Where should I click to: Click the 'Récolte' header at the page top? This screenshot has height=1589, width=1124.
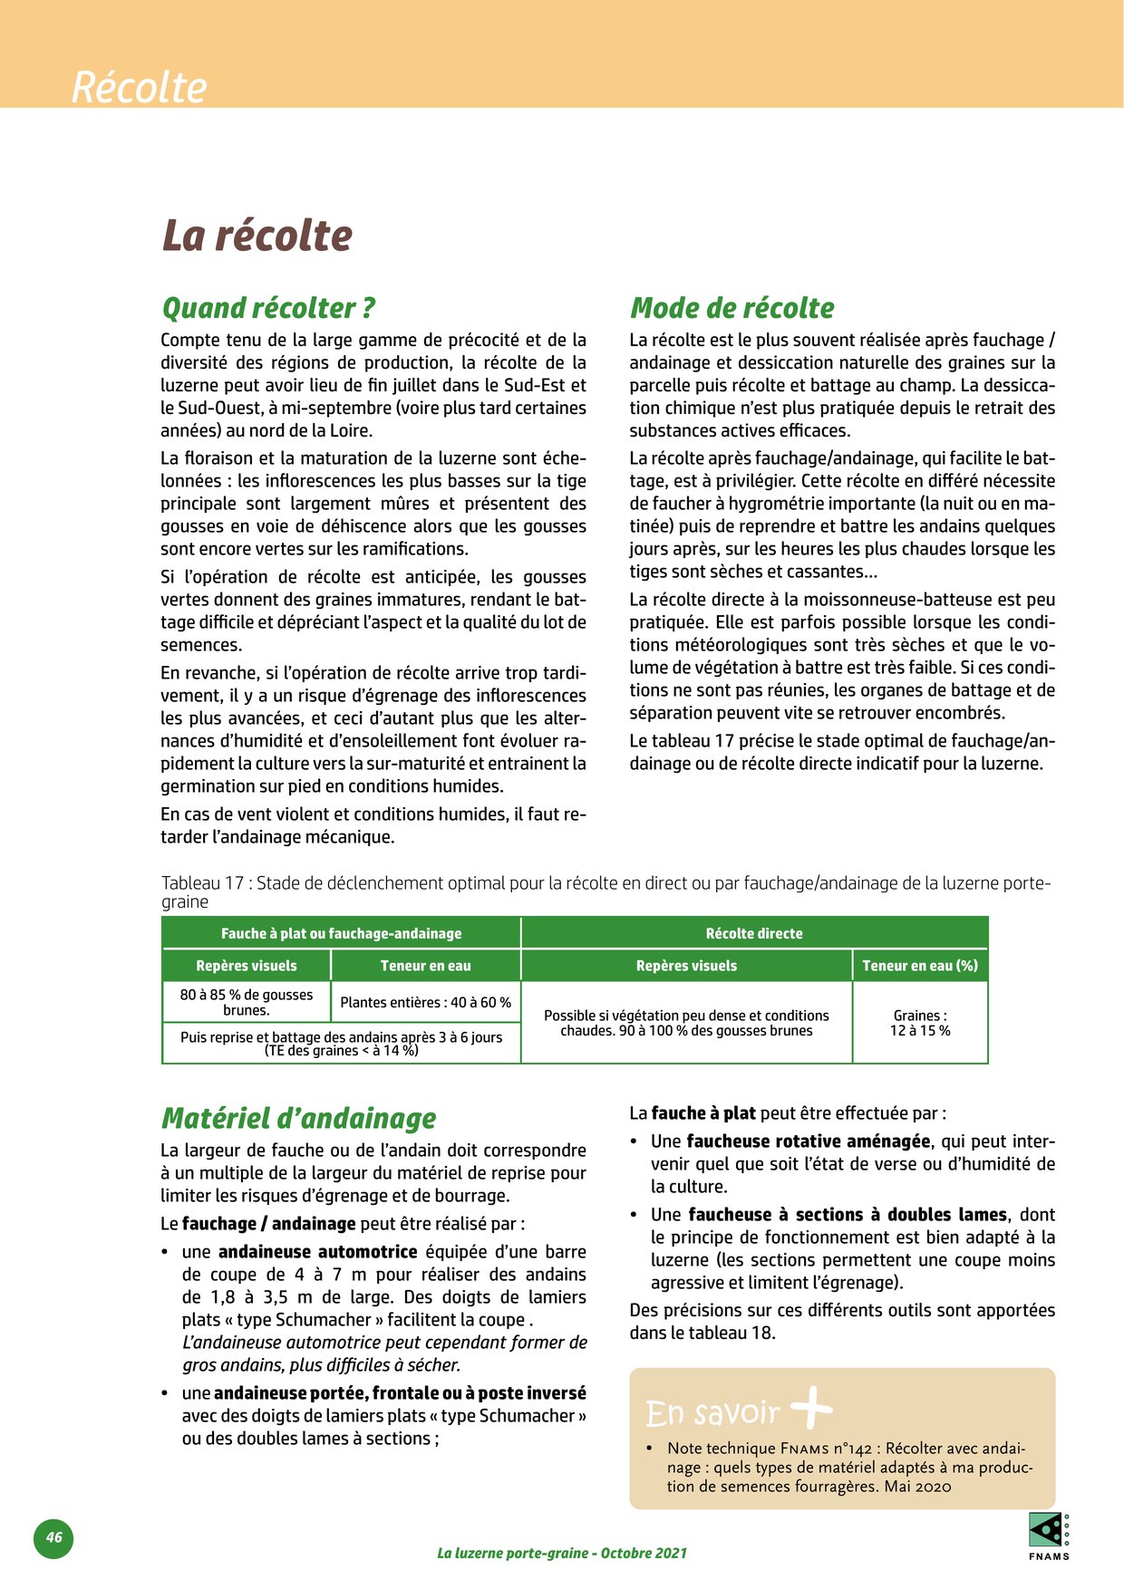click(x=140, y=88)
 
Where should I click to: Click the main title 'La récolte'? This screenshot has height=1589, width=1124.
click(x=257, y=236)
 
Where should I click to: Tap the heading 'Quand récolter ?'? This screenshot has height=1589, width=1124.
click(x=267, y=308)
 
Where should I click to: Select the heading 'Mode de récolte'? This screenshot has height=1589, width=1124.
click(x=732, y=308)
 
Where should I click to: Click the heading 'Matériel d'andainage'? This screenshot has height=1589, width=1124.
click(x=298, y=1118)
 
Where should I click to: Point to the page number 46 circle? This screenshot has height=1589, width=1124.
click(x=54, y=1537)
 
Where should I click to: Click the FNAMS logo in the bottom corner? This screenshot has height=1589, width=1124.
click(x=1049, y=1536)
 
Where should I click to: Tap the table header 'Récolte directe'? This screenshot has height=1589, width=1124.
click(x=754, y=933)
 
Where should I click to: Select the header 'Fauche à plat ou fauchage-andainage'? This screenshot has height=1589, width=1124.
click(x=341, y=933)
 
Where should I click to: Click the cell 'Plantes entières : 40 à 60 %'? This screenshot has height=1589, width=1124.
click(x=425, y=1002)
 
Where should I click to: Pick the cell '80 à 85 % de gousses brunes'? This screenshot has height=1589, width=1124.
click(x=247, y=1002)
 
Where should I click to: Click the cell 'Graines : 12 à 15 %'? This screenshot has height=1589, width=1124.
click(x=920, y=1023)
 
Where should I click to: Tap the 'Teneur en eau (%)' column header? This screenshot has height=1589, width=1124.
click(x=920, y=966)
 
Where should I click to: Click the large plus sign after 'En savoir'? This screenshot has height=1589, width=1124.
click(x=811, y=1408)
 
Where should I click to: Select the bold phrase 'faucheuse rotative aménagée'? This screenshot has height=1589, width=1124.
click(x=808, y=1141)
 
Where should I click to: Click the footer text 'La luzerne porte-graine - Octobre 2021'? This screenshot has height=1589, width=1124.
click(x=562, y=1553)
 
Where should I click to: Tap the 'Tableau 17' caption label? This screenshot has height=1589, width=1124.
click(x=202, y=883)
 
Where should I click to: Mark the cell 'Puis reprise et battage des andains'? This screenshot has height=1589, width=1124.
click(x=341, y=1044)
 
